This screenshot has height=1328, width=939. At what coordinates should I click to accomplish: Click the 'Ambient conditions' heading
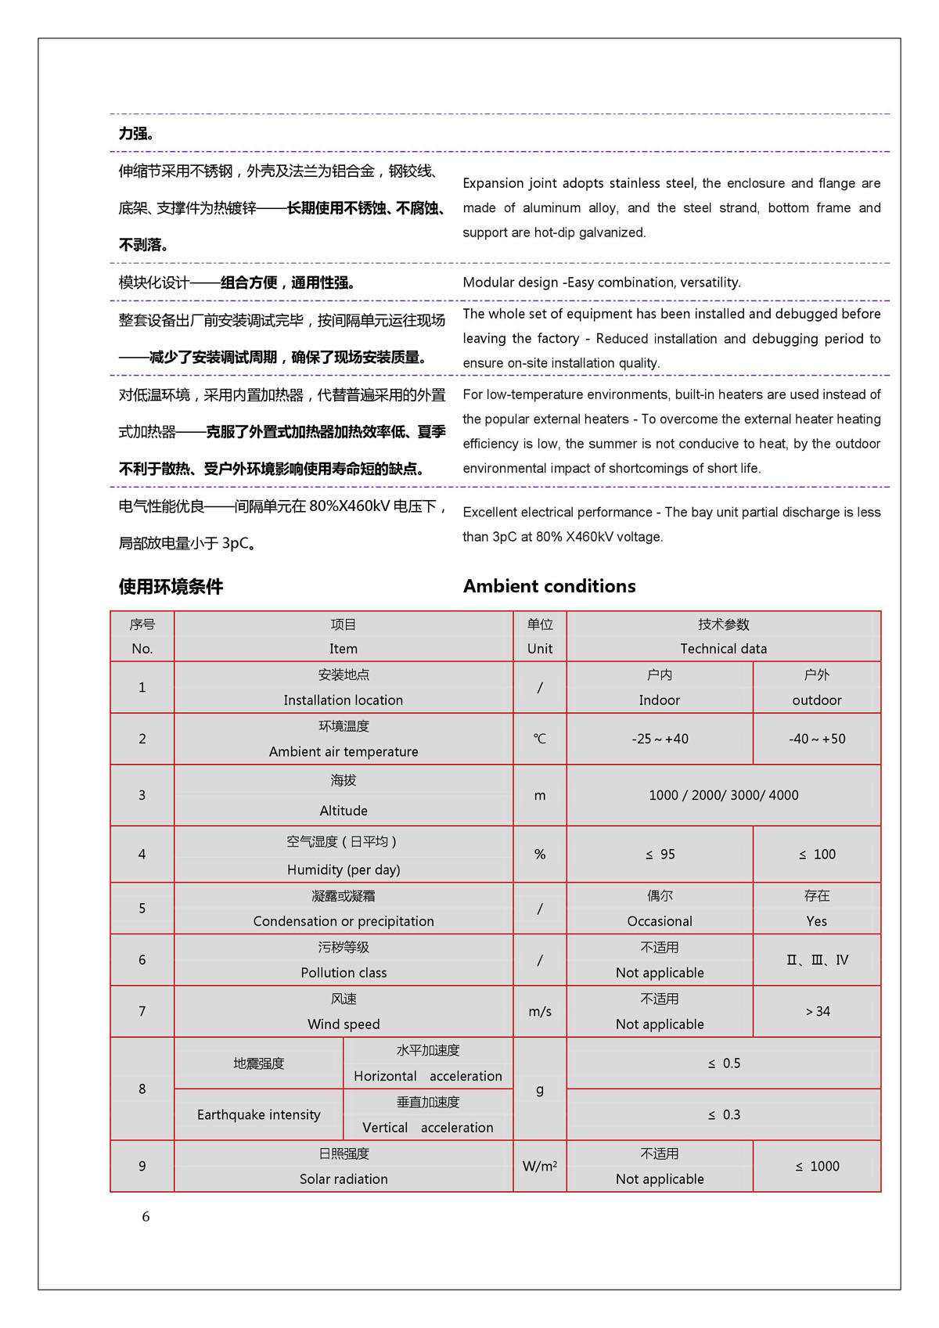(549, 586)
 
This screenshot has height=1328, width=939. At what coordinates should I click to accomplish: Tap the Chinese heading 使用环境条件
(171, 587)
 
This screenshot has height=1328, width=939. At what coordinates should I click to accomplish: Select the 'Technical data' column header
(723, 649)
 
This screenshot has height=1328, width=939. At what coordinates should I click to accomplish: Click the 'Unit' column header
(540, 649)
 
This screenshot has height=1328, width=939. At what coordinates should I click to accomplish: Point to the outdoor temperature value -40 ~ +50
(817, 739)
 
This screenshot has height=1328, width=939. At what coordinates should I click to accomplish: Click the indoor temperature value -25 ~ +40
(660, 739)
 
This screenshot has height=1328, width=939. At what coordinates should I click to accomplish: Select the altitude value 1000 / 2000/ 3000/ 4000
(724, 795)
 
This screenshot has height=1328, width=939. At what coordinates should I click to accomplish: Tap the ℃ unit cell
(540, 739)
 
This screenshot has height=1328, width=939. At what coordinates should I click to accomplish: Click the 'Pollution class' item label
(344, 973)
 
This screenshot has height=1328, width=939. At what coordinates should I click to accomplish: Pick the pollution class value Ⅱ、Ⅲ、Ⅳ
(817, 960)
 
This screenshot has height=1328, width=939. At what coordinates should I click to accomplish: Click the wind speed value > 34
(818, 1012)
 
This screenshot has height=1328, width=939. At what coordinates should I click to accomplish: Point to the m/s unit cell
(540, 1012)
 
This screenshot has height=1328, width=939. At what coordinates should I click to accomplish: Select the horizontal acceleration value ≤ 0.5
(724, 1063)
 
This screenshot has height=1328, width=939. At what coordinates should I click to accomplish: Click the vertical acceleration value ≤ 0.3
(724, 1115)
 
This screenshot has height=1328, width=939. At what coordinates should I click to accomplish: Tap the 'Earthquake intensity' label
(259, 1114)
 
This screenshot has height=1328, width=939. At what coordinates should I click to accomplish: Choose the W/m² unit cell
(540, 1166)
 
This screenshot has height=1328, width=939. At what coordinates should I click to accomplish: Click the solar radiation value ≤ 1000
(817, 1166)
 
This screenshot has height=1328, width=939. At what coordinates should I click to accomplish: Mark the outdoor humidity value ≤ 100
(817, 855)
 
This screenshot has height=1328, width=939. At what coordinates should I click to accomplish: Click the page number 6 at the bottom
(146, 1217)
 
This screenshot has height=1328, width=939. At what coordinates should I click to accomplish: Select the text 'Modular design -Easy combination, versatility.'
(602, 283)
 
